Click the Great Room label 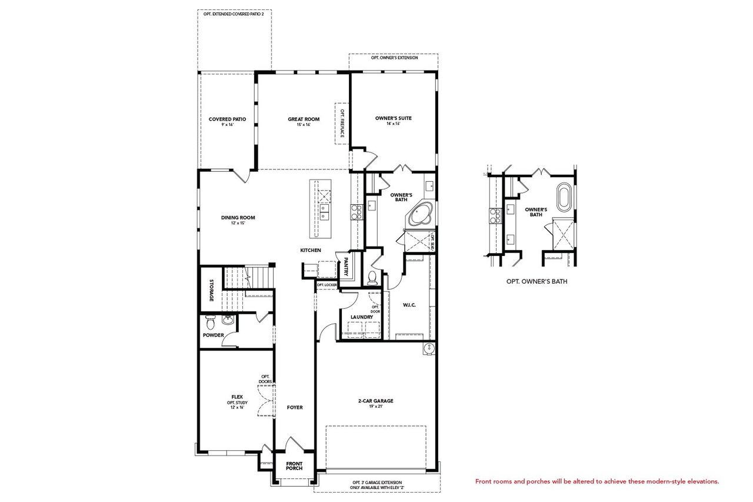[304, 119]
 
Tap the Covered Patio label [227, 119]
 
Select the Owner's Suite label [394, 118]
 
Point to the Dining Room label [238, 218]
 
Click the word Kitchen [311, 251]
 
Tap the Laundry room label [361, 317]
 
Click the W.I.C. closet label [409, 305]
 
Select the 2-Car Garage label [375, 401]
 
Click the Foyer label [295, 407]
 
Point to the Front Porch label [294, 466]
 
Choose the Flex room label [237, 397]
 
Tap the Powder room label [213, 335]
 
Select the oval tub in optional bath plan [563, 198]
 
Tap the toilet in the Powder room [210, 323]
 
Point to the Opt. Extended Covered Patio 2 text [234, 13]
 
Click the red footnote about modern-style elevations [597, 481]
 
